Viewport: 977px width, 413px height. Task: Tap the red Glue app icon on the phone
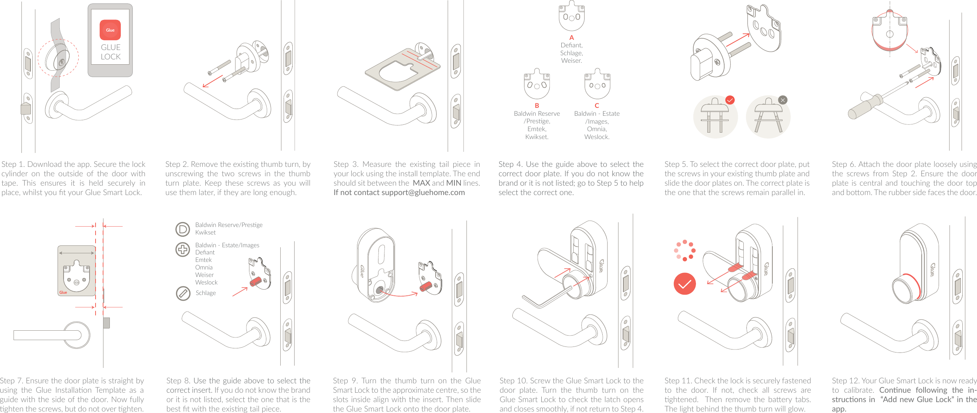tap(110, 30)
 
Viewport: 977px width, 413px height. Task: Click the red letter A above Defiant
tap(571, 38)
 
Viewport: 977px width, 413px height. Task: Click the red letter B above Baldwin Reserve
tap(537, 106)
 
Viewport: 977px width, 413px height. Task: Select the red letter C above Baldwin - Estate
tap(597, 106)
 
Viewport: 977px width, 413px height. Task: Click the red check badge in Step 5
tap(730, 100)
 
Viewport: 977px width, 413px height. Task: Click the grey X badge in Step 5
tap(783, 100)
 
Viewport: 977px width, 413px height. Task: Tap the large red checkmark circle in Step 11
tap(685, 284)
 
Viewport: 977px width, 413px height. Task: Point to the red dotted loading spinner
tap(685, 250)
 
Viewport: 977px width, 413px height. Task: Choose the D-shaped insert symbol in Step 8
tap(183, 229)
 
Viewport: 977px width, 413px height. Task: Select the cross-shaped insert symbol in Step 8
tap(183, 249)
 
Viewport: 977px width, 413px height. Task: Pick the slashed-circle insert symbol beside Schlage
tap(183, 293)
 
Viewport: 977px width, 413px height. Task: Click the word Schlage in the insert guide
tap(205, 293)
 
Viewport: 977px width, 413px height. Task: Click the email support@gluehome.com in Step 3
tap(423, 192)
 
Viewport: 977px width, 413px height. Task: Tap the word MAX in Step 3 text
tap(421, 183)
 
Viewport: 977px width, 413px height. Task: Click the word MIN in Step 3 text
tap(454, 183)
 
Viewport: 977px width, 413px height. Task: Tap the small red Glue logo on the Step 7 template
tap(63, 292)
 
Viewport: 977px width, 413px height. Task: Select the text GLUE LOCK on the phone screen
tap(110, 52)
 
